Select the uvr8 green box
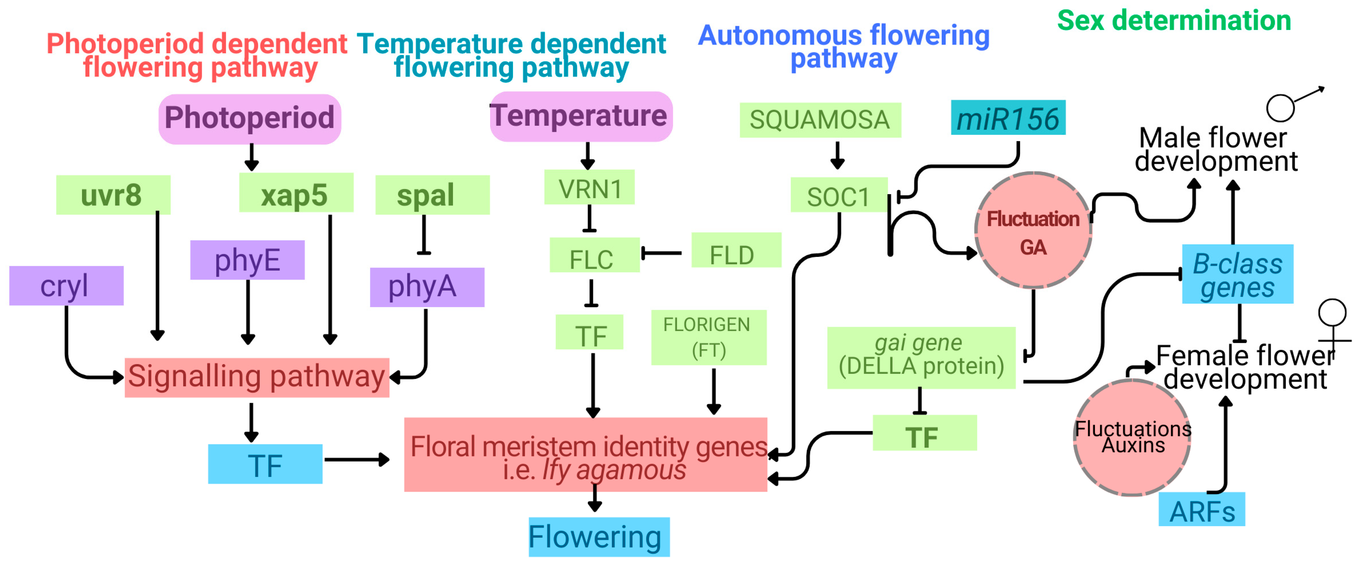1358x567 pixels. click(x=113, y=195)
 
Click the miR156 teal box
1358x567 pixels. click(x=1008, y=118)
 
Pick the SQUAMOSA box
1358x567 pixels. click(x=820, y=120)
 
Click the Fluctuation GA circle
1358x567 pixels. click(x=1033, y=230)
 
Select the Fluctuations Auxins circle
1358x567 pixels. click(x=1132, y=437)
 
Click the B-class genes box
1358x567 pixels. click(x=1237, y=274)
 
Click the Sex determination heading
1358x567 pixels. click(x=1173, y=21)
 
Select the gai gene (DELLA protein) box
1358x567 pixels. click(x=921, y=357)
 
